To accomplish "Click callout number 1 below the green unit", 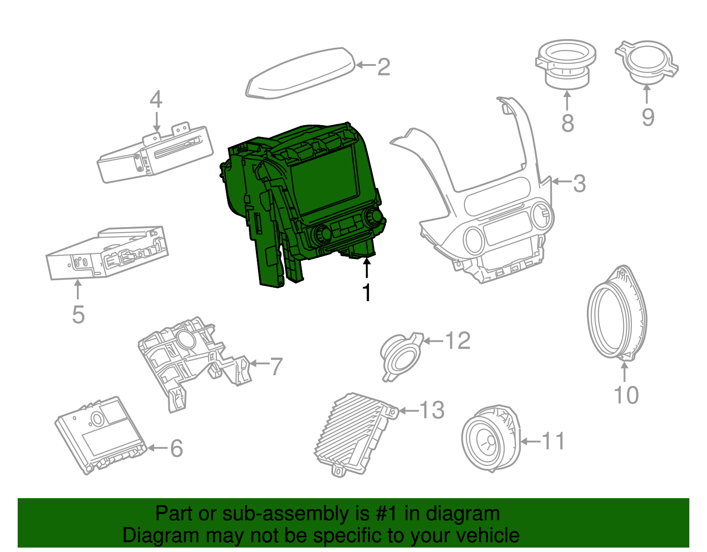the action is tap(367, 292).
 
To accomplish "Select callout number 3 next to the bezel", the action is tap(579, 184).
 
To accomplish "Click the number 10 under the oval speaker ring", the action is tap(626, 395).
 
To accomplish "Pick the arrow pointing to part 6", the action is tap(158, 448).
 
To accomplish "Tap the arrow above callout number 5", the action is tap(78, 289).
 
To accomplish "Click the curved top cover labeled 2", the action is tap(300, 73).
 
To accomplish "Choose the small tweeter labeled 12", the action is tap(401, 357).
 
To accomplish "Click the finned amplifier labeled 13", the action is tap(355, 434).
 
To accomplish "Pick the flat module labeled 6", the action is tap(101, 435).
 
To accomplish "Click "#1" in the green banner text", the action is tap(386, 513).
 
